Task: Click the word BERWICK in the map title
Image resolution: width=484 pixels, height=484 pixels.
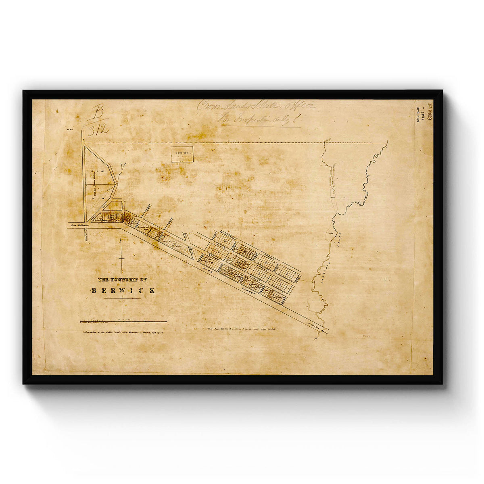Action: pos(123,290)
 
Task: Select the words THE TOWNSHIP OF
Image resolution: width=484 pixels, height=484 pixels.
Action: pos(123,280)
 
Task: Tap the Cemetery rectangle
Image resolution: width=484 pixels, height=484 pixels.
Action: pos(182,154)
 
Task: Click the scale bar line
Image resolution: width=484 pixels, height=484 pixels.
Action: pos(124,321)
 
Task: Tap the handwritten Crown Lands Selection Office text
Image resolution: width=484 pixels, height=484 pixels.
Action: pos(257,106)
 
